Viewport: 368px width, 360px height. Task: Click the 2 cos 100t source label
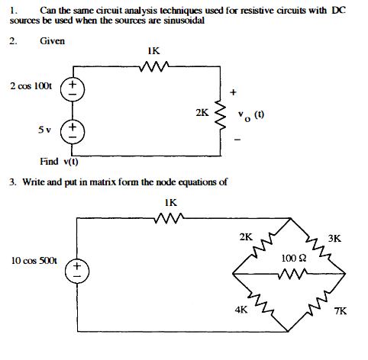click(31, 86)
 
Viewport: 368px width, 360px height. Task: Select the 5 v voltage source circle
click(73, 132)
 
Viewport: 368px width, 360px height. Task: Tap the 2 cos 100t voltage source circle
click(73, 89)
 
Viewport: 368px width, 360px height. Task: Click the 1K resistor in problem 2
click(154, 66)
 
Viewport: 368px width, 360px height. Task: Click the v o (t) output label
click(251, 116)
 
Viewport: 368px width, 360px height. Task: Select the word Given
click(52, 41)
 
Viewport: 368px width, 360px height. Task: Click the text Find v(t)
click(59, 162)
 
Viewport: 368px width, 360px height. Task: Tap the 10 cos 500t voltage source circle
click(77, 272)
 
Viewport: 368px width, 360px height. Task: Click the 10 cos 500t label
click(34, 261)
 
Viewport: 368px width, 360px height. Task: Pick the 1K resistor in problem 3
click(169, 218)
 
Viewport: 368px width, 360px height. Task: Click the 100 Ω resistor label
click(294, 259)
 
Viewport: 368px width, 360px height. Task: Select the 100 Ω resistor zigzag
click(292, 274)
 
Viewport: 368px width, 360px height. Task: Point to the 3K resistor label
click(334, 239)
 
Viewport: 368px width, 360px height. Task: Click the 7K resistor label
click(341, 311)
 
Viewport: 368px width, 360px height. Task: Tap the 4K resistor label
click(241, 310)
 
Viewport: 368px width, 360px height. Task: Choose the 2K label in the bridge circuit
click(246, 237)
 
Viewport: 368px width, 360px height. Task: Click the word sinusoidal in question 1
click(184, 21)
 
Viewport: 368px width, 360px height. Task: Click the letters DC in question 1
click(339, 11)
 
